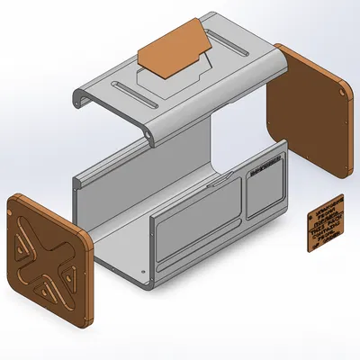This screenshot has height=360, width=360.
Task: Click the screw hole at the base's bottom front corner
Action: (143, 274)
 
